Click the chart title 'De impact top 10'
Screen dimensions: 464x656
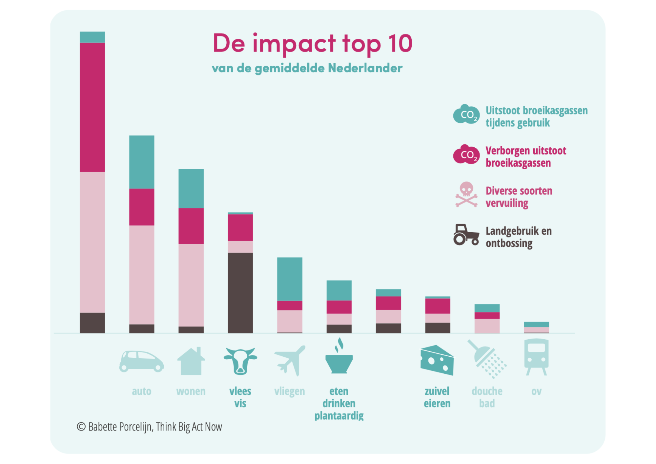312,44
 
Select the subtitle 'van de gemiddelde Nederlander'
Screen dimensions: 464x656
307,68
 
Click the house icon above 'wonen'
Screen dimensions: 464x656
191,361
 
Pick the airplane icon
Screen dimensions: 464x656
290,360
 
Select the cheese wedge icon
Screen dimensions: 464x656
437,360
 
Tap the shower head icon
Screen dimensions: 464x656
487,359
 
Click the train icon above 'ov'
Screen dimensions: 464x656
536,357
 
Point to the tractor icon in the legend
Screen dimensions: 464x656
466,235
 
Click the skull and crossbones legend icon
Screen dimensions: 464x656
466,195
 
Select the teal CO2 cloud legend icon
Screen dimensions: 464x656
466,114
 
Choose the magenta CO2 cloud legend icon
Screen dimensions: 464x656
466,154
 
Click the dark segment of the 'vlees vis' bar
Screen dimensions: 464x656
240,293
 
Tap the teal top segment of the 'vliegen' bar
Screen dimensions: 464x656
290,279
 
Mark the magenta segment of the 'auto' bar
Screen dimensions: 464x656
142,207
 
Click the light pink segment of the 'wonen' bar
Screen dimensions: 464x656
191,285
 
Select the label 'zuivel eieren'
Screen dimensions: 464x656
437,397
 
